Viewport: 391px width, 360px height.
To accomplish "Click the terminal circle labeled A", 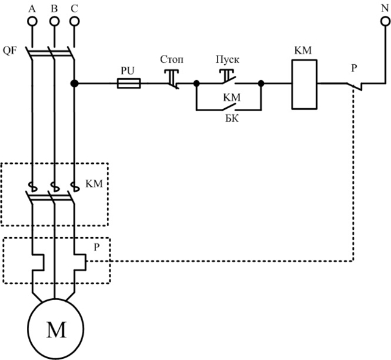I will coord(33,21).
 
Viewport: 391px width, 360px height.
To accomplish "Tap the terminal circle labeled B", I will coord(54,21).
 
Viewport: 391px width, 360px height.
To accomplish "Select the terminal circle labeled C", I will coord(74,21).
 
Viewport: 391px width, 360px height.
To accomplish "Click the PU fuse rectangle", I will coord(129,84).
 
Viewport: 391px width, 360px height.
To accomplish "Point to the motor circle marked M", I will coord(56,331).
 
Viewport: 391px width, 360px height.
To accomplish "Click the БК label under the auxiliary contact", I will coord(230,118).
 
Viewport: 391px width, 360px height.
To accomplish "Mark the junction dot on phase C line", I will coord(74,84).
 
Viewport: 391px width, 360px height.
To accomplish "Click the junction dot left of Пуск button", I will coord(196,84).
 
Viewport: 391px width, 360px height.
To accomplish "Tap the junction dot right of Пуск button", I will coord(261,84).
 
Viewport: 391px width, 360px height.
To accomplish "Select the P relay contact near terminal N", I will coord(354,86).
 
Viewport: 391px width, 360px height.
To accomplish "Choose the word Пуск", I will coord(227,60).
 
